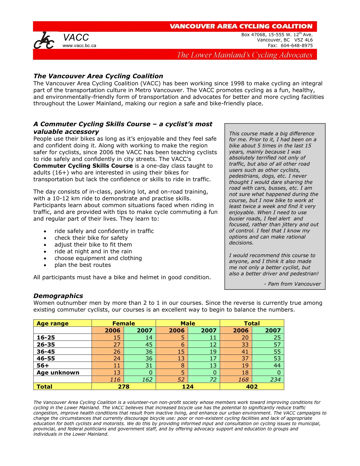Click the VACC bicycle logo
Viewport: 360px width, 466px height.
(44, 41)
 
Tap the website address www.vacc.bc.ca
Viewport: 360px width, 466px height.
(79, 46)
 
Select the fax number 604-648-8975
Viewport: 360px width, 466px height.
(296, 46)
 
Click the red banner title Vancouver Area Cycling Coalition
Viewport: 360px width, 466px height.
(241, 26)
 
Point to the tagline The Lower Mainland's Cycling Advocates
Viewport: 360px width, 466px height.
(244, 55)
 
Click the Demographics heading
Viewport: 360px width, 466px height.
(58, 296)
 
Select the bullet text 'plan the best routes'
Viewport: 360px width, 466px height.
(83, 265)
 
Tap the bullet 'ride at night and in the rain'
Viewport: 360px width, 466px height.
(93, 252)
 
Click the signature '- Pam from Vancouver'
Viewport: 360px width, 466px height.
(292, 284)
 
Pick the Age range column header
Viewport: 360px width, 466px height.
(53, 323)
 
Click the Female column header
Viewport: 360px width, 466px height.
(124, 323)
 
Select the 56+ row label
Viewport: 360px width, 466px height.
(43, 366)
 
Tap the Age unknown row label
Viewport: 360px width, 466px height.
(58, 373)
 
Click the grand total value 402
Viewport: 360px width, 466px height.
(252, 387)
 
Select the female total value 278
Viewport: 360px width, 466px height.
(124, 387)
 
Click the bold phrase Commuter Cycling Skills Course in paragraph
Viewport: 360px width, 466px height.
(83, 166)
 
